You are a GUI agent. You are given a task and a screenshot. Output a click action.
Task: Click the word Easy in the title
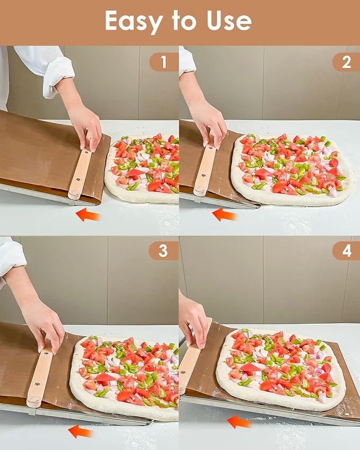tap(134, 22)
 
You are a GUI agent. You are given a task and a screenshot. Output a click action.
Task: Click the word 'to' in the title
tap(185, 21)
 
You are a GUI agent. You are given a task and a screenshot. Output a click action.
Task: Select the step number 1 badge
tap(164, 62)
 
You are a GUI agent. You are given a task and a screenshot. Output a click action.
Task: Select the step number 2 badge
tap(346, 62)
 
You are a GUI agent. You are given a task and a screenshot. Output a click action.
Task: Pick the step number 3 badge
tap(163, 251)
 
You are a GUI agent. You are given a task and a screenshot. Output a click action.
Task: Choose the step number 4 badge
tap(346, 251)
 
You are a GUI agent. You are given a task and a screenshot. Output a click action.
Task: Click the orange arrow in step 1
tap(88, 215)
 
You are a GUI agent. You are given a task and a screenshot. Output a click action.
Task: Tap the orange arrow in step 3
tap(80, 431)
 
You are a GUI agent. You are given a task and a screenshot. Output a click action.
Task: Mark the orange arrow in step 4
tap(239, 422)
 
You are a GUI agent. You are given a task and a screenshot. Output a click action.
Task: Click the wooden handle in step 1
tap(80, 173)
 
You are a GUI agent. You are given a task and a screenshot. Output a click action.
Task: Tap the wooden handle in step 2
tap(205, 170)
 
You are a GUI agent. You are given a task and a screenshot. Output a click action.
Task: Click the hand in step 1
tap(86, 128)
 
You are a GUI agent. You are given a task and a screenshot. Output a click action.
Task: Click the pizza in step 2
tap(292, 169)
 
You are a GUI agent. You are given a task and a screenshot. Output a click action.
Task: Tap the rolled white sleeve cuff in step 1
tap(58, 77)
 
